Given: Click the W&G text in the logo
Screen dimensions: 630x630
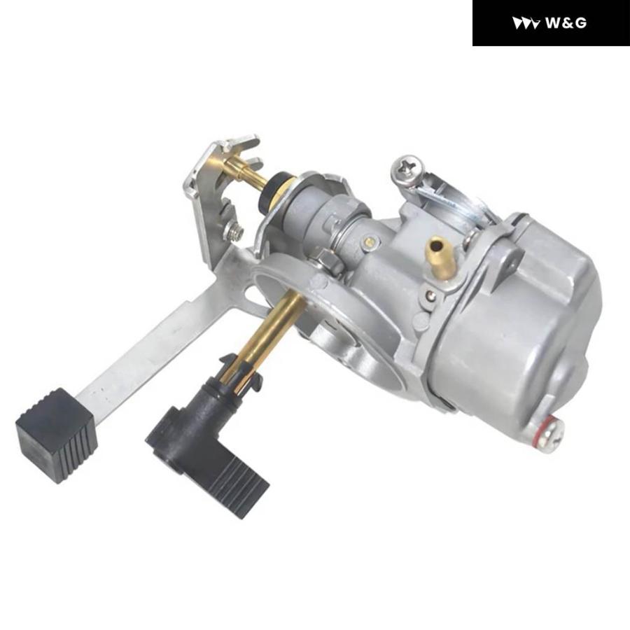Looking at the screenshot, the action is coord(566,23).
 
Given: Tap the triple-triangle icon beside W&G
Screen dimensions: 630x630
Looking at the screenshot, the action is coord(526,23).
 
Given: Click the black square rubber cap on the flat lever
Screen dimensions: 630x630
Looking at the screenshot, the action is coord(57,435).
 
